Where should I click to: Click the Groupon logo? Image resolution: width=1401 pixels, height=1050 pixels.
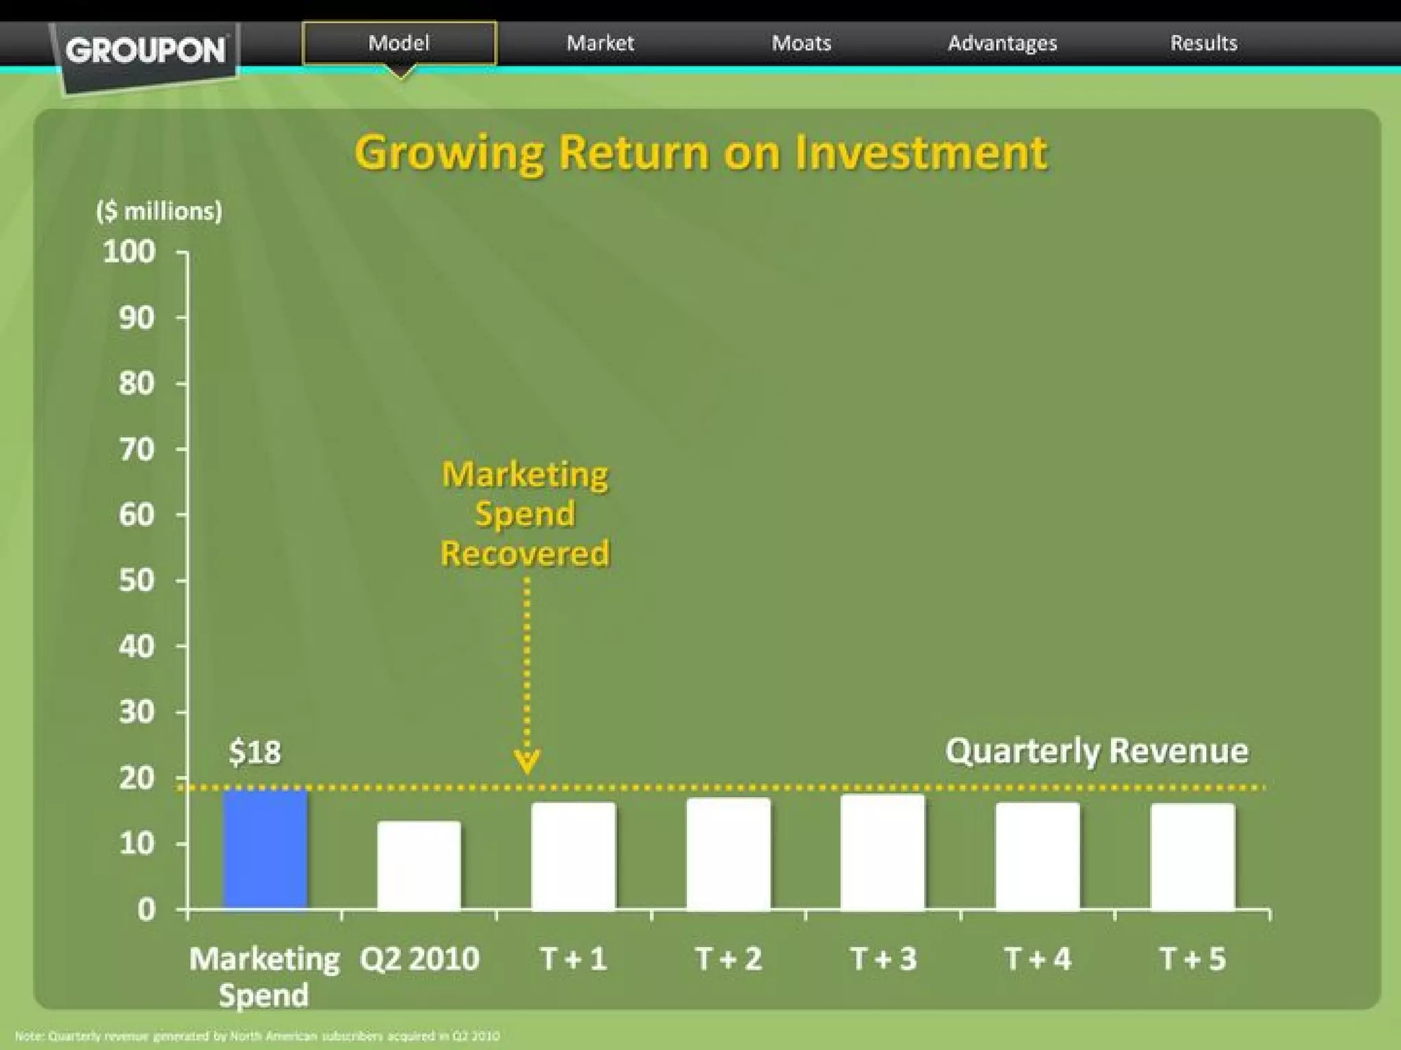[x=146, y=51]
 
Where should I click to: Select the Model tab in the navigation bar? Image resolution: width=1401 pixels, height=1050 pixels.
[x=399, y=43]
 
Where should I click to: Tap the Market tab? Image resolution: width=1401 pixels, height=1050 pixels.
[x=600, y=43]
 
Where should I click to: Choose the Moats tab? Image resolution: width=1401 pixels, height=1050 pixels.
[x=801, y=43]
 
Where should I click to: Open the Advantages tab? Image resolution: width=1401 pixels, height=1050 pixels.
[x=1002, y=43]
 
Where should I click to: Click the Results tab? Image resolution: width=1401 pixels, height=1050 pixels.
[x=1203, y=43]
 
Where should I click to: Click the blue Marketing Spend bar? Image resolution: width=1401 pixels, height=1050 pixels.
[x=265, y=850]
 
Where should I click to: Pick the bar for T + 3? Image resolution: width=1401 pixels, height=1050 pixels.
[x=882, y=852]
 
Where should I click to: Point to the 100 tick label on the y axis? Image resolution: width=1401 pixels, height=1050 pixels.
[x=129, y=252]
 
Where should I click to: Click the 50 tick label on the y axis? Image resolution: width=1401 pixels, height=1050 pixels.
[x=136, y=580]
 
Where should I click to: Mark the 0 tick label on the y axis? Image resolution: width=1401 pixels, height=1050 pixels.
[x=146, y=910]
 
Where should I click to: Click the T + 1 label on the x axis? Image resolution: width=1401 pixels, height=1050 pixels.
[x=573, y=958]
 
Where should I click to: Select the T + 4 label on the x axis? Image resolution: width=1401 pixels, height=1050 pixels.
[x=1038, y=958]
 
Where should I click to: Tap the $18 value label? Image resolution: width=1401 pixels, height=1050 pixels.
[x=254, y=752]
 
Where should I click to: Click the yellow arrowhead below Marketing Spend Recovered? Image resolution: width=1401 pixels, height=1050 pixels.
[x=527, y=761]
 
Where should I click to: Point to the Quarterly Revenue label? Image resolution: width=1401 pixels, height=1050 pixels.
[x=1097, y=751]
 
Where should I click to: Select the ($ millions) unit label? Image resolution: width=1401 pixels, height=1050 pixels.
[x=159, y=211]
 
